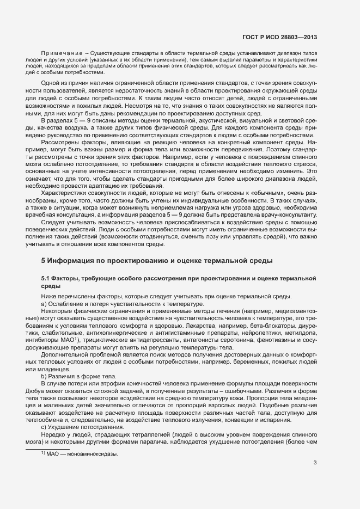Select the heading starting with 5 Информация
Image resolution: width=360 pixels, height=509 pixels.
[x=157, y=261]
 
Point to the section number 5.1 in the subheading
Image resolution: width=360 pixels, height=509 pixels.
[x=46, y=279]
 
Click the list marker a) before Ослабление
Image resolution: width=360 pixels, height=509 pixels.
[x=44, y=303]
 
